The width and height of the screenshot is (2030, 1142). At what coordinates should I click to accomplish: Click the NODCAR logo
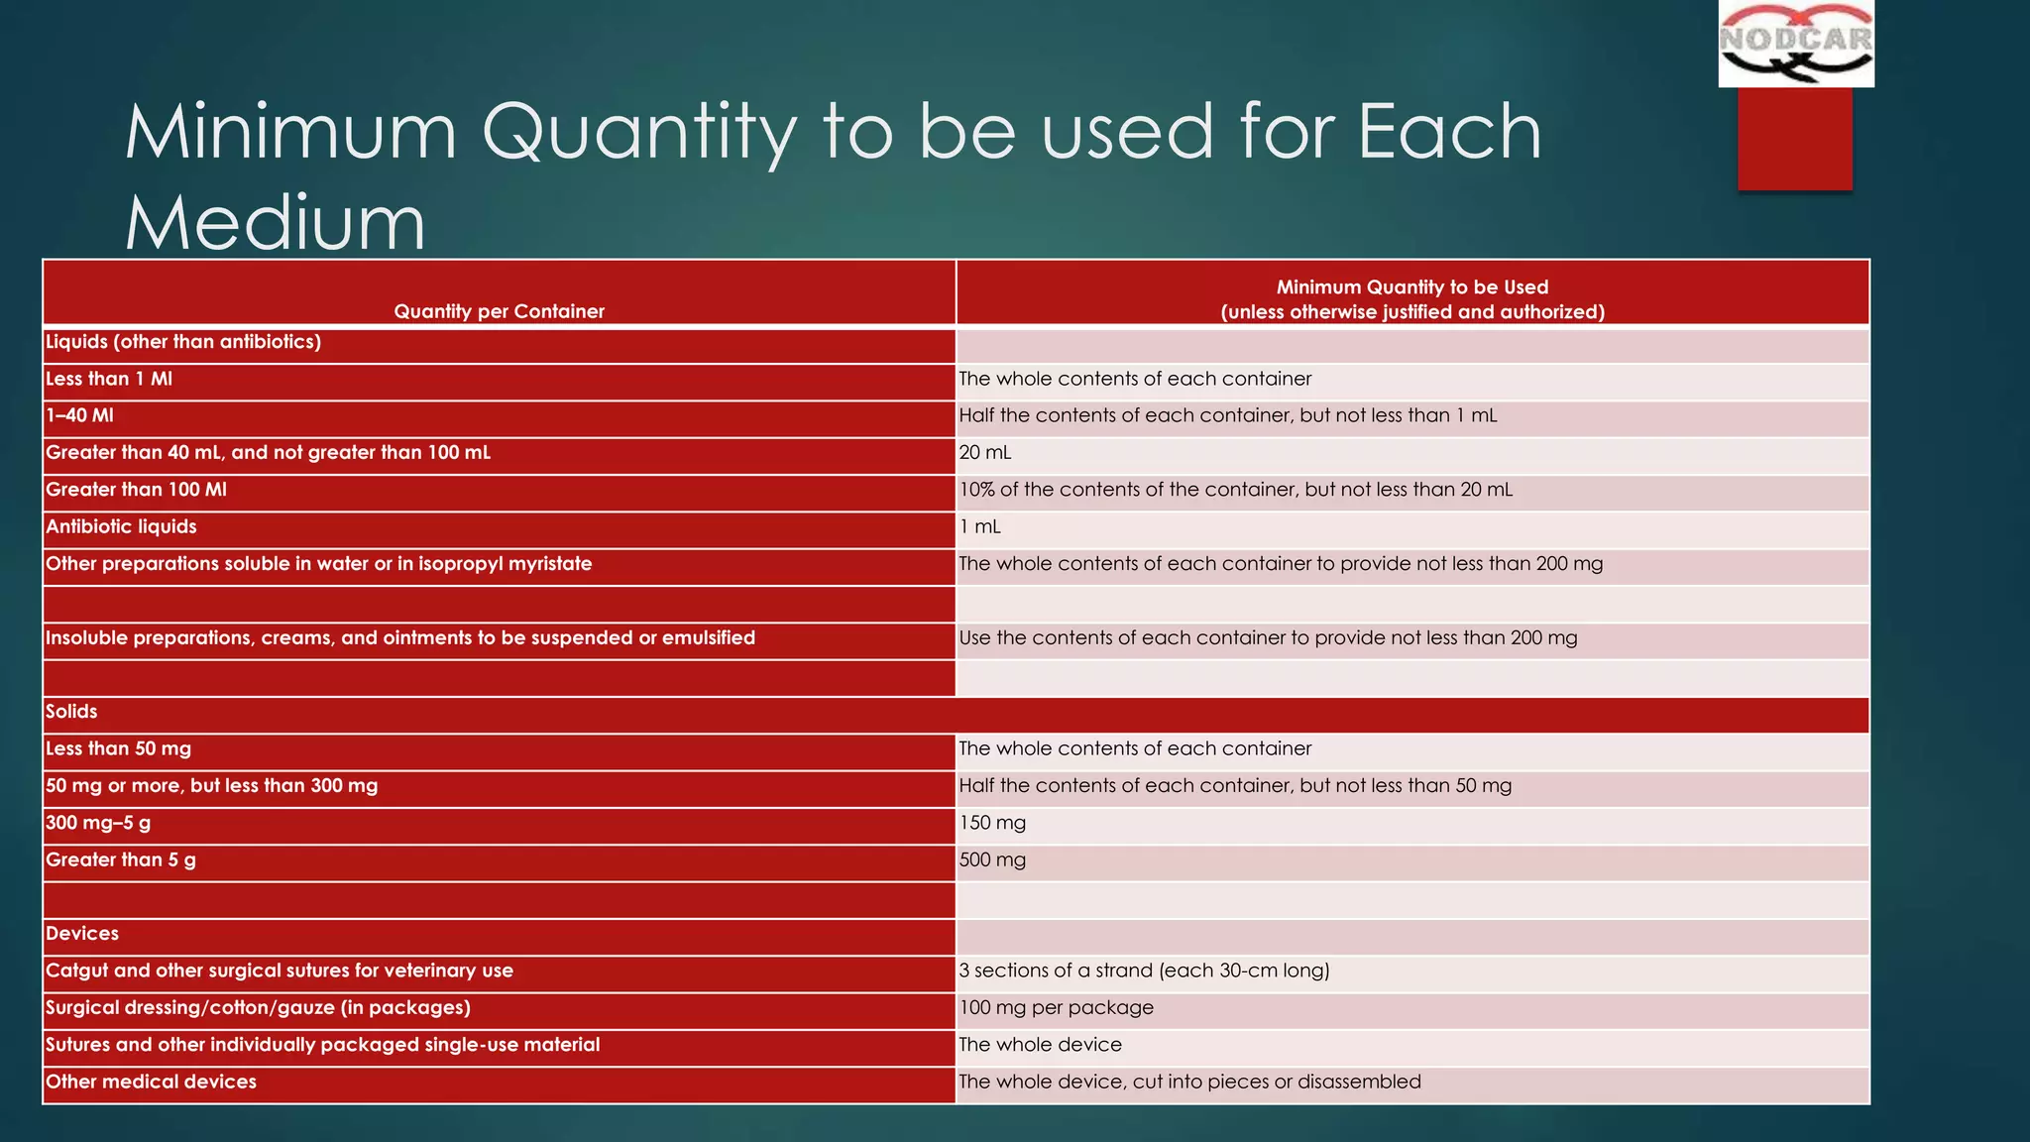coord(1795,44)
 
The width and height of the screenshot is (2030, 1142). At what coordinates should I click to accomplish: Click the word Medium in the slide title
coord(275,222)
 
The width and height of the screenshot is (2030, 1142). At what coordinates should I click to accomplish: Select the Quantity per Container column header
coord(499,311)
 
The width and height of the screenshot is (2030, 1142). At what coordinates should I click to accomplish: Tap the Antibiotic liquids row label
coord(121,526)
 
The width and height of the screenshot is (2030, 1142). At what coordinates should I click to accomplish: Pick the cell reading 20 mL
coord(985,453)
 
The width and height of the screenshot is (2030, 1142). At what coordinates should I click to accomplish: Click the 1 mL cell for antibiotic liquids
coord(980,526)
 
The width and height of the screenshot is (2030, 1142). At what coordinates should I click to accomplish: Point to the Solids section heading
coord(71,712)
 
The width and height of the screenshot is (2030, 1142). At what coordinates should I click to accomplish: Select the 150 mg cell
coord(992,823)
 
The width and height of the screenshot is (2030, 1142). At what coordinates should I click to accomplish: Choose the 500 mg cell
coord(992,859)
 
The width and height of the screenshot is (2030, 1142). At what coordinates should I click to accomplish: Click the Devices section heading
coord(82,934)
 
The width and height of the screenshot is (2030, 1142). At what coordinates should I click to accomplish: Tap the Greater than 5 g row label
coord(121,859)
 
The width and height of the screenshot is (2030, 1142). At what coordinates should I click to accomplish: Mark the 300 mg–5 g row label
coord(98,823)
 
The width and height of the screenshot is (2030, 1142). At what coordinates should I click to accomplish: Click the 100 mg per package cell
coord(1057,1008)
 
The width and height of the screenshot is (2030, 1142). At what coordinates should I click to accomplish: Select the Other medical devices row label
coord(151,1082)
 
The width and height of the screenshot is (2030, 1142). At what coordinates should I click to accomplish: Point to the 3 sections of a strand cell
coord(1144,971)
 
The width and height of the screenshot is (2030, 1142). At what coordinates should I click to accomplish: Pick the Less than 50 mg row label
coord(118,748)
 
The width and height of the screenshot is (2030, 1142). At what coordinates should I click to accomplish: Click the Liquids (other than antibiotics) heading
coord(183,342)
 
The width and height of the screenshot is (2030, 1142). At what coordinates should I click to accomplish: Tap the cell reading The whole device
coord(1041,1045)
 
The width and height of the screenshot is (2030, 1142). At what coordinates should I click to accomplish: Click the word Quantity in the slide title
coord(638,133)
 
